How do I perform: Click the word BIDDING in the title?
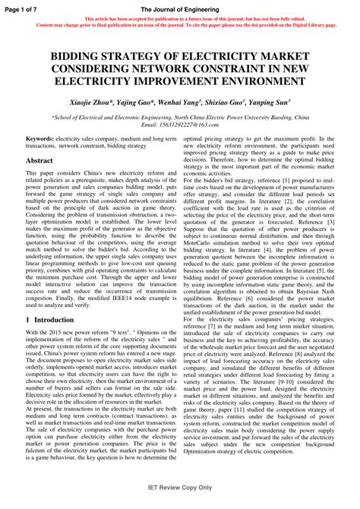(83, 58)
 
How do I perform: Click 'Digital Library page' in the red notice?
(311, 25)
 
